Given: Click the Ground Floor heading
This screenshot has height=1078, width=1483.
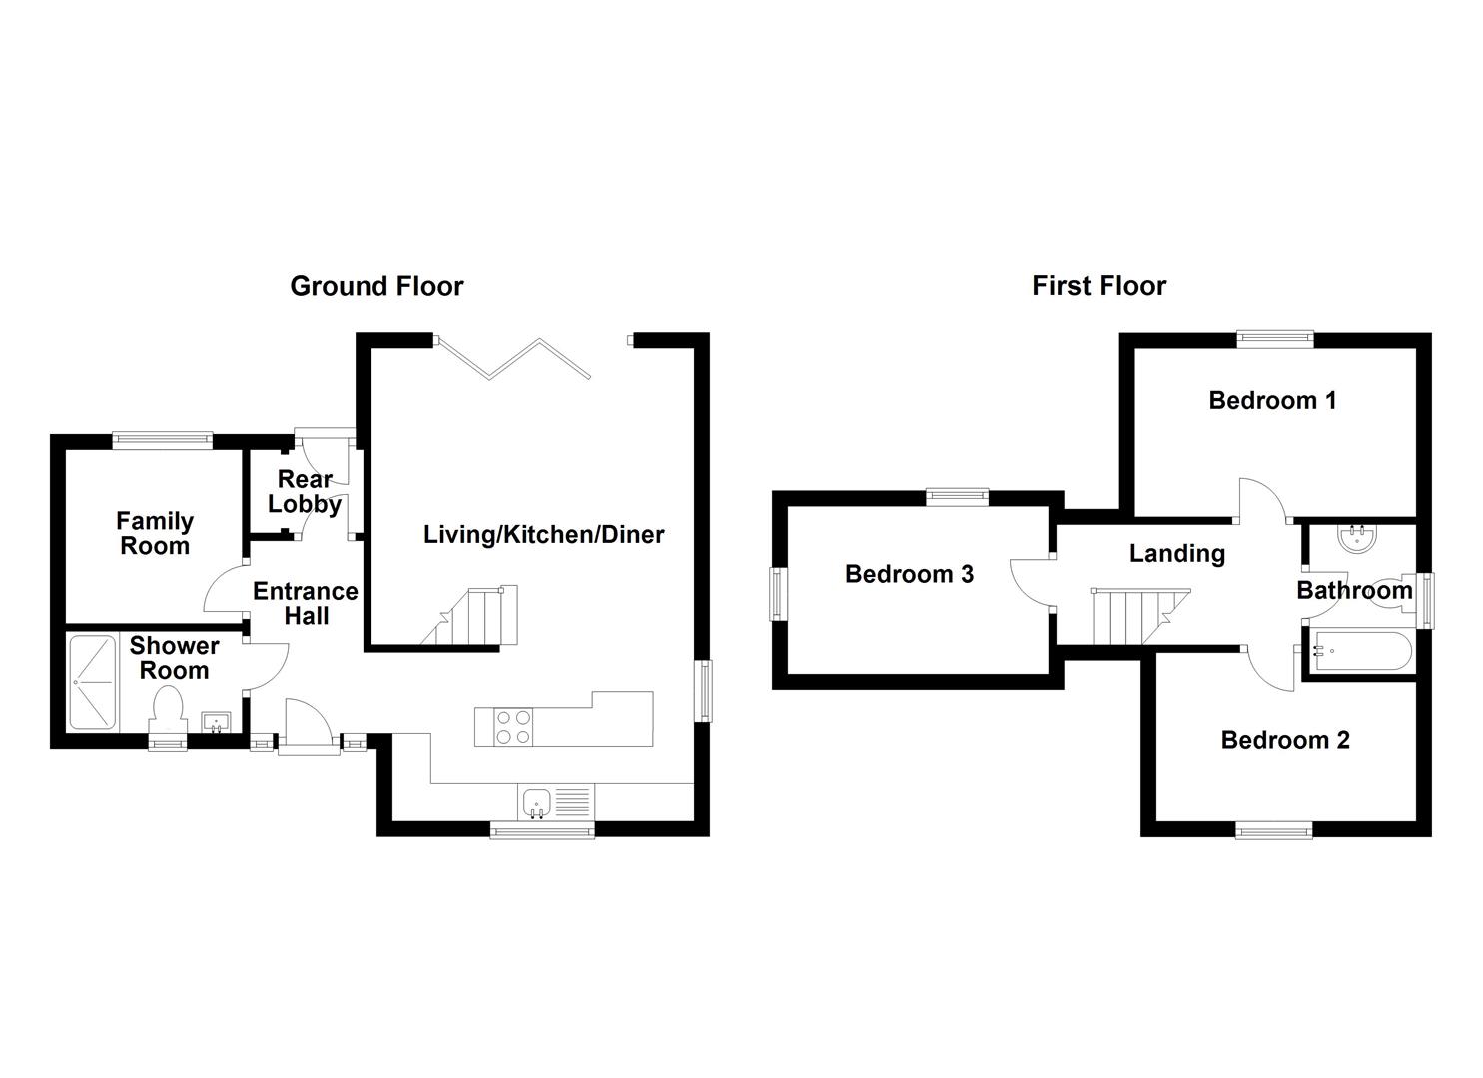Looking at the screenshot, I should point(376,287).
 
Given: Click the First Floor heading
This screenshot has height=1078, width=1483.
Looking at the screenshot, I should point(1099,287).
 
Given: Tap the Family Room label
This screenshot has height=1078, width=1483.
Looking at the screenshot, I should point(154,533).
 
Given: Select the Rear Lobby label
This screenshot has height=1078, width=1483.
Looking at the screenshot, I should point(305,491).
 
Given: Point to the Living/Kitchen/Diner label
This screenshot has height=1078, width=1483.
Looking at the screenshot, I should point(543,535).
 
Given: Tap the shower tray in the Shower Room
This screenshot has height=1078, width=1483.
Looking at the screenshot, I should point(93,683).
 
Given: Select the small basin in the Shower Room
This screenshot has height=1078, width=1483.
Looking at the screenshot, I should point(217,721).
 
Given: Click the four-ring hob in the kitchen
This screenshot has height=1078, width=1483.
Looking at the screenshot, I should point(512,726).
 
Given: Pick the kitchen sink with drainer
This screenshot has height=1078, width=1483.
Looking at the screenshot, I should point(555,802).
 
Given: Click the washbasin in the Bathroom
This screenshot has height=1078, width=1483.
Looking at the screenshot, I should point(1358,539).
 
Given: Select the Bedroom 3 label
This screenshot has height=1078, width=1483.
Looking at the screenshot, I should point(909,574).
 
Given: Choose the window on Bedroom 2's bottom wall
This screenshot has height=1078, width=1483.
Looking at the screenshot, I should point(1274,829).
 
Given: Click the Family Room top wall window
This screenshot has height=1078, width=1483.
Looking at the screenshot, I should point(163,440).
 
